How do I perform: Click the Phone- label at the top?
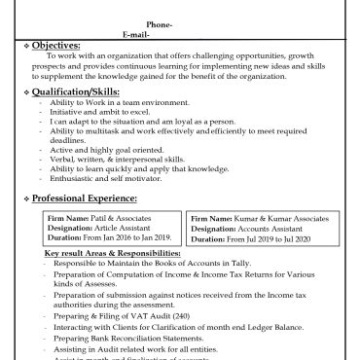click(160, 24)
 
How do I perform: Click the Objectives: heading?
click(56, 46)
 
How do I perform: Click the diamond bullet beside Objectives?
click(25, 46)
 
